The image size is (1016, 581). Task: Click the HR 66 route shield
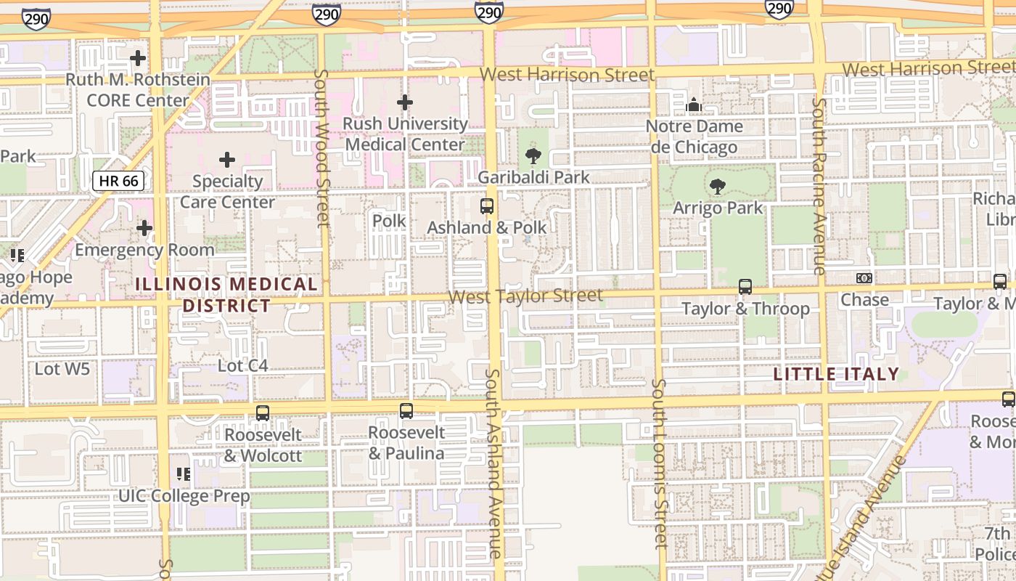(118, 181)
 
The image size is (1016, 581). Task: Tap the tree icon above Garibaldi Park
(533, 155)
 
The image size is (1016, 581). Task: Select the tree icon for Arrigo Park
(718, 187)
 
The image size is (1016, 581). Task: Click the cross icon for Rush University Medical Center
(405, 102)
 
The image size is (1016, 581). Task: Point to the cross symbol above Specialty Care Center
(227, 160)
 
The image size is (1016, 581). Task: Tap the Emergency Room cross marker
(144, 229)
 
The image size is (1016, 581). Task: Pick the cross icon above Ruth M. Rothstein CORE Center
(138, 58)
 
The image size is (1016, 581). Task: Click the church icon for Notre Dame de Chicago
(694, 105)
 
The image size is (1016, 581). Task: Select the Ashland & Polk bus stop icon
(487, 206)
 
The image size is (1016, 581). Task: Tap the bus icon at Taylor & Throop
(745, 287)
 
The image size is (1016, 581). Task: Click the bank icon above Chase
(864, 278)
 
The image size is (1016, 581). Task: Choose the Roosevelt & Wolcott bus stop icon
(263, 413)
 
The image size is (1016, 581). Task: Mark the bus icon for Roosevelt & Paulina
(406, 411)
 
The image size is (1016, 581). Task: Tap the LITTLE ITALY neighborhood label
(836, 374)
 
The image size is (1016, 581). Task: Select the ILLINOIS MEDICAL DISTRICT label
(226, 294)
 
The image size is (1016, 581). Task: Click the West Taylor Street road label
(525, 296)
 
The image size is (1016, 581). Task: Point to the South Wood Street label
(322, 148)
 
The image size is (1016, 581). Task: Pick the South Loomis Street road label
(658, 463)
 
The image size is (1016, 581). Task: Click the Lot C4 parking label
(243, 365)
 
